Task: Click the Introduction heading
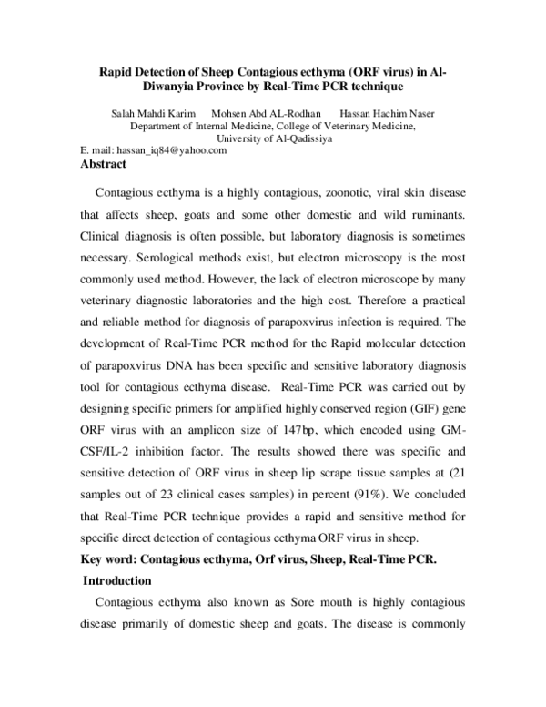pyautogui.click(x=119, y=579)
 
